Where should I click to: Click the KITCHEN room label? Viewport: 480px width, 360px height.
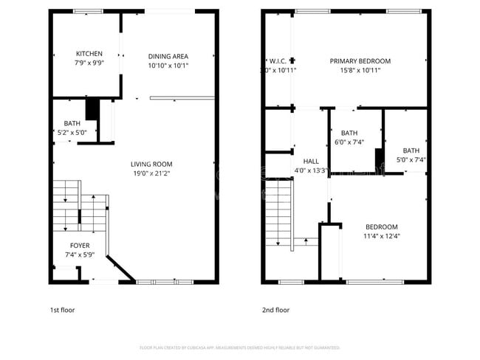89,54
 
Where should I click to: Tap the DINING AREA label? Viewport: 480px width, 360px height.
168,56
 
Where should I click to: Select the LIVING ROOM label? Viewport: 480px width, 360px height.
151,164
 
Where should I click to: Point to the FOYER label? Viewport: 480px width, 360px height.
80,245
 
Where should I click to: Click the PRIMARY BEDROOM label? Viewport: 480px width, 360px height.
360,61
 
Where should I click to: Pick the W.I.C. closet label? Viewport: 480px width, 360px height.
277,61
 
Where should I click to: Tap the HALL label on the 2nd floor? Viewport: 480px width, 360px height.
310,161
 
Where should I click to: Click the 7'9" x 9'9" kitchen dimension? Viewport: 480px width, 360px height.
89,64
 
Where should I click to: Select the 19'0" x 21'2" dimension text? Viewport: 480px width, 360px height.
151,174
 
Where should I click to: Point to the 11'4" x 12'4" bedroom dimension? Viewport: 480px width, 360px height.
381,236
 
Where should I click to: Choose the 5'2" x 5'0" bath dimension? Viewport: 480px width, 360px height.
72,133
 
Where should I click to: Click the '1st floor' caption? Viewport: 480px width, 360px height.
62,310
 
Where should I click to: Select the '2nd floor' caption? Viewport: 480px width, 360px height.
276,310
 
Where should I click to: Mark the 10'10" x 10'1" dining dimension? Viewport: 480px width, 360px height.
168,66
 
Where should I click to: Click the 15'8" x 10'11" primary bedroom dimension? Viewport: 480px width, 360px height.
360,71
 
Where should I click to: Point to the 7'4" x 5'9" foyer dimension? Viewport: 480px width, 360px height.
80,255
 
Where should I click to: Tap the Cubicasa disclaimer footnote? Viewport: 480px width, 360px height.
239,347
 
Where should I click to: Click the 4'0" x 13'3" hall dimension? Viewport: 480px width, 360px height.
310,170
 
